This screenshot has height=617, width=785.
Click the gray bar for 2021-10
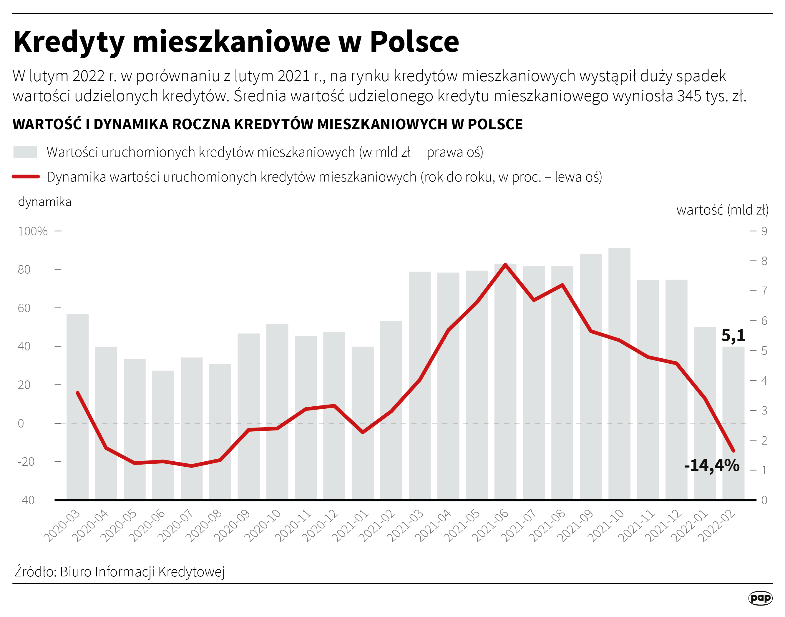(x=619, y=372)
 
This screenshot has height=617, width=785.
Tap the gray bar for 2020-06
(x=163, y=433)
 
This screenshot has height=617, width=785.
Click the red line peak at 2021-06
(x=505, y=265)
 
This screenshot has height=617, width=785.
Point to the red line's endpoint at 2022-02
(x=733, y=451)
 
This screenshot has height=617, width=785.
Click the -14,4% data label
(x=712, y=466)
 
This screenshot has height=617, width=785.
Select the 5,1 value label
(x=733, y=336)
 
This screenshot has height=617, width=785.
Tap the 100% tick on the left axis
(x=33, y=231)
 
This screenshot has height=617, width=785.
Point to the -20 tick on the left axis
(x=26, y=462)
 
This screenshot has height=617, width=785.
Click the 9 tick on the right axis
(x=764, y=231)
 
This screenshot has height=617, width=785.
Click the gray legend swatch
(x=25, y=152)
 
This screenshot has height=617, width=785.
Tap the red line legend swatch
(x=26, y=177)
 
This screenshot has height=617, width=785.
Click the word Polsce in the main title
(x=414, y=42)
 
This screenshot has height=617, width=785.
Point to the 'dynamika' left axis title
(x=44, y=202)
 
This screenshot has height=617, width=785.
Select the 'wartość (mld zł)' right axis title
(x=722, y=210)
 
